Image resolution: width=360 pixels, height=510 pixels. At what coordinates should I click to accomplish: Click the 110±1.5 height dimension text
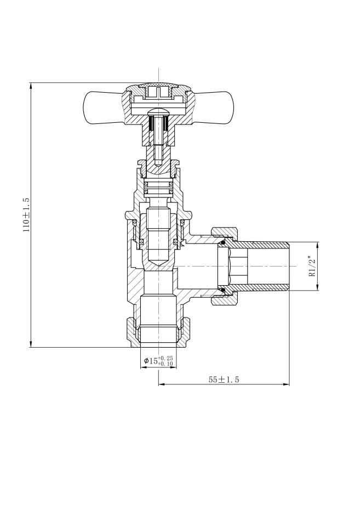point(26,215)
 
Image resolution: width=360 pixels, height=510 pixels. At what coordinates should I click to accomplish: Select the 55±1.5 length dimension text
point(224,379)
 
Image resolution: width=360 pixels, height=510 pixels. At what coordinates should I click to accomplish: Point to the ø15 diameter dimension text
point(151,361)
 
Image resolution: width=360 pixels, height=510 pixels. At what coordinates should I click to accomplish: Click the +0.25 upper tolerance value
point(166,358)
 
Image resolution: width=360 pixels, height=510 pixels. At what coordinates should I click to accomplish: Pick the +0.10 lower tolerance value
point(166,364)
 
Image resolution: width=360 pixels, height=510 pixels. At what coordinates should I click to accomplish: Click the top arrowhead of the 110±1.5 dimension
point(31,86)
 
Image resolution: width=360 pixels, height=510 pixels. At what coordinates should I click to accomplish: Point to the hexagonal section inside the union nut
point(225,265)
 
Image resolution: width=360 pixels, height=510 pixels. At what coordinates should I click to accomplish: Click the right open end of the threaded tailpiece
point(288,265)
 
